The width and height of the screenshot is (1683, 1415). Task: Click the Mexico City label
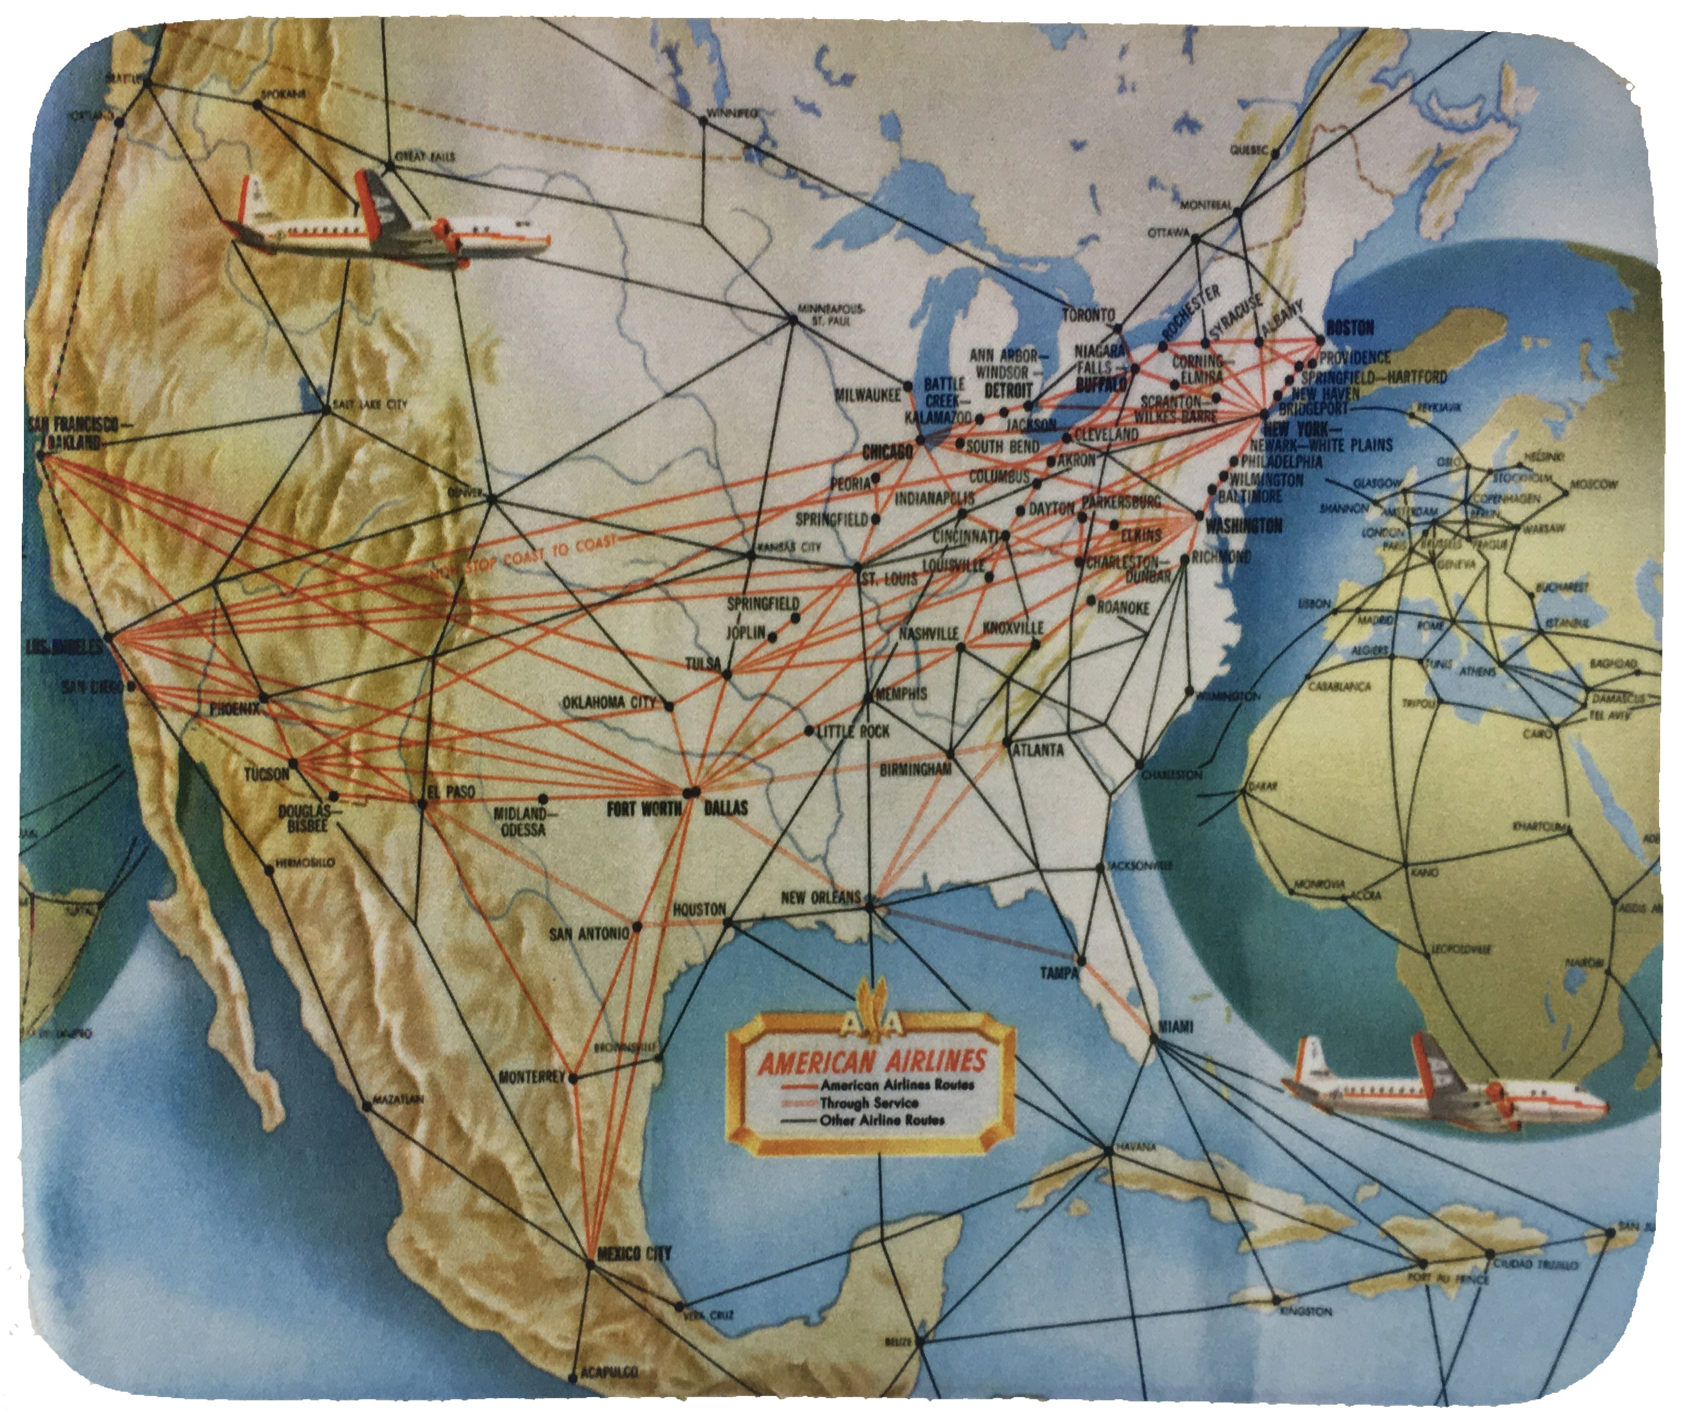pos(634,1253)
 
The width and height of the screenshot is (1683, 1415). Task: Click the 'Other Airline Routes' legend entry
pos(881,1120)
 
